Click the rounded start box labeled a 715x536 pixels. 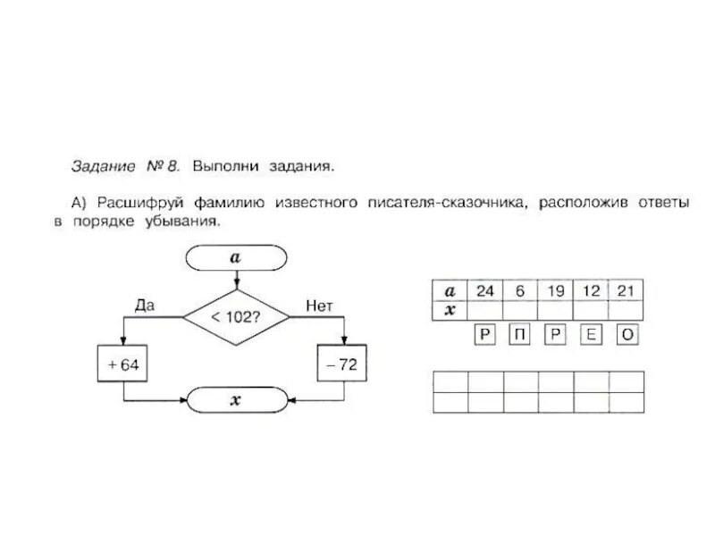coord(236,257)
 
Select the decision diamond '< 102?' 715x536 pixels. coord(237,316)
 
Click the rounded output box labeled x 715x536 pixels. coord(236,401)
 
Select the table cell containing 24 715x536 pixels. coord(485,291)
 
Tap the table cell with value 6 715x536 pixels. coord(520,291)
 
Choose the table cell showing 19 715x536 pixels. coord(555,291)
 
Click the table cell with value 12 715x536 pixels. coord(590,291)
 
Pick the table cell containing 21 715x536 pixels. coord(626,291)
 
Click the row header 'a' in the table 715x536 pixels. coord(451,291)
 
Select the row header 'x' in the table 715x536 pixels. coord(451,309)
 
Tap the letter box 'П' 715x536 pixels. coord(520,335)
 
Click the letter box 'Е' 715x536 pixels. coord(591,335)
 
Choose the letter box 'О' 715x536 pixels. coord(627,335)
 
